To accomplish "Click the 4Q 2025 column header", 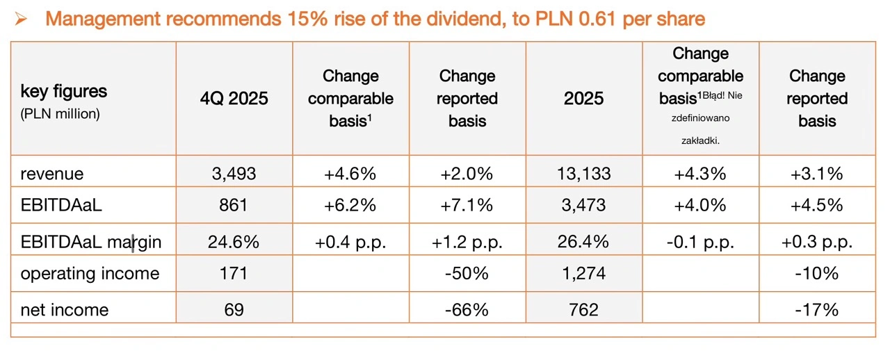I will pos(234,99).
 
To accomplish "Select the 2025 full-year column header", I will pos(584,99).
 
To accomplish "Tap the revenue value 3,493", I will pos(234,173).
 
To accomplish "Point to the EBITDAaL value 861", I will pos(234,206).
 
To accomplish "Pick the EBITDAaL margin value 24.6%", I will pos(234,241).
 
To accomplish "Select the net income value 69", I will pos(234,309).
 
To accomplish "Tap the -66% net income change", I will pos(467,309).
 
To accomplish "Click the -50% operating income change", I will pos(467,273).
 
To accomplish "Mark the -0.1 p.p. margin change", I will pos(700,241).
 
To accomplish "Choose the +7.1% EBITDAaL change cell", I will pos(467,206).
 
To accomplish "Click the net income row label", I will pos(65,309).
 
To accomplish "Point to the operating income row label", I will pos(90,274).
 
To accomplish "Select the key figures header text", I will pos(64,92).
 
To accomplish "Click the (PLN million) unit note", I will pos(60,114).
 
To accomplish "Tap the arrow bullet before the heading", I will pos(21,19).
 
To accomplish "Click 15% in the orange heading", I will pos(305,19).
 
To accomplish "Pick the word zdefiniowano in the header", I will pos(700,119).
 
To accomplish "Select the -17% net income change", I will pos(817,309).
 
